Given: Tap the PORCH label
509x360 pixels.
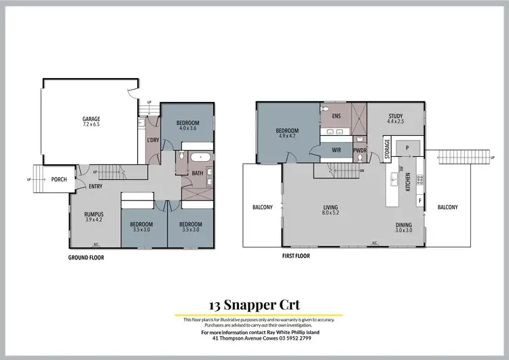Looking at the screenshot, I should pos(60,180).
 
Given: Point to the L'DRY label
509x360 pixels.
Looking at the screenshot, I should pos(153,141).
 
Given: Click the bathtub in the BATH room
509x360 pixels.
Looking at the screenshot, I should pos(199,158).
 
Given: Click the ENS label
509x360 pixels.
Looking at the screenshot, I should pos(336,116).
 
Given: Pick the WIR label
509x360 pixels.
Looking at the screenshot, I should pos(336,149).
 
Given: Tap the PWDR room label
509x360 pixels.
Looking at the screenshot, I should pos(360,151).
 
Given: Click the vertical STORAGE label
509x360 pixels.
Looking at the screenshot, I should pos(388,148).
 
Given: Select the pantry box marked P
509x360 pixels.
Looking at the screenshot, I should pos(407,147).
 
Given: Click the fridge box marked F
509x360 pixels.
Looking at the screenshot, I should pos(419,201).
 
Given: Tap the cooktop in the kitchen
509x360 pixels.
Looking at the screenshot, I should pos(420,180).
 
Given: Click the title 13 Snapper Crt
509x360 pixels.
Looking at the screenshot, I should pos(256,306).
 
